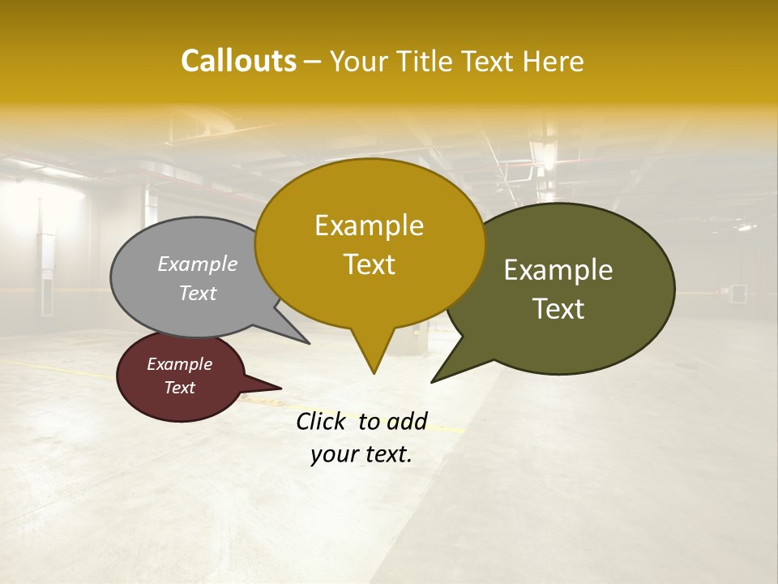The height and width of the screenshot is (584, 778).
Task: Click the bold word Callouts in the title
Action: click(238, 61)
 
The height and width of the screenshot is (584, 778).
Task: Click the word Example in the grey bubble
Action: click(198, 264)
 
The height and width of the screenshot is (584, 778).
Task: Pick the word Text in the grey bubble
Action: click(198, 293)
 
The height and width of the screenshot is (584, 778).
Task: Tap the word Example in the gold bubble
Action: click(369, 225)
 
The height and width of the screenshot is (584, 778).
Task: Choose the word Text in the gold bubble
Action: click(369, 264)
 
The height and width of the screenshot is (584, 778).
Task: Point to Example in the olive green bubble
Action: click(558, 270)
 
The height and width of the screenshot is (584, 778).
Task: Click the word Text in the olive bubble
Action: click(558, 309)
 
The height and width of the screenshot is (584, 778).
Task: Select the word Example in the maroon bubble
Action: click(180, 364)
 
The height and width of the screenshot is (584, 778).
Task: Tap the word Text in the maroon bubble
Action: click(180, 388)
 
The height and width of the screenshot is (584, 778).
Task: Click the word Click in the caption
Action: click(323, 421)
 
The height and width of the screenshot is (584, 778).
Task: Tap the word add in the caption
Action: click(406, 421)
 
